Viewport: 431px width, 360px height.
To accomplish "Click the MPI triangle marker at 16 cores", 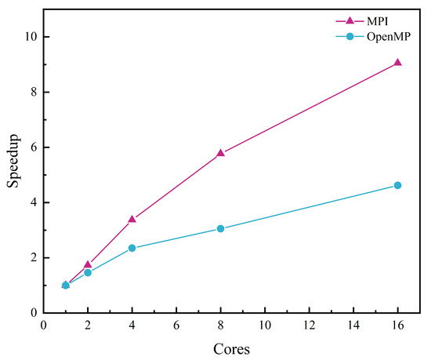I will (398, 62).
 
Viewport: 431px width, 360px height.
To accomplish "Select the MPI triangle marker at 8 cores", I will (221, 153).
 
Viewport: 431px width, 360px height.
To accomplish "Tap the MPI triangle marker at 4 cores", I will (132, 219).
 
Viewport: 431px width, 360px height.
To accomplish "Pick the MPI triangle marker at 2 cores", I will (88, 264).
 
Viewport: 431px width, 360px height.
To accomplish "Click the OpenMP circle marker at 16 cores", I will (398, 185).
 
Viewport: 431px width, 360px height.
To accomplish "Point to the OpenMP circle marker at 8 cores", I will (221, 228).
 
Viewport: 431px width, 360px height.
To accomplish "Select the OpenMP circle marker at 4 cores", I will (132, 248).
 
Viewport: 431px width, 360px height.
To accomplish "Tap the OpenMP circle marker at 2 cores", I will (88, 272).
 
